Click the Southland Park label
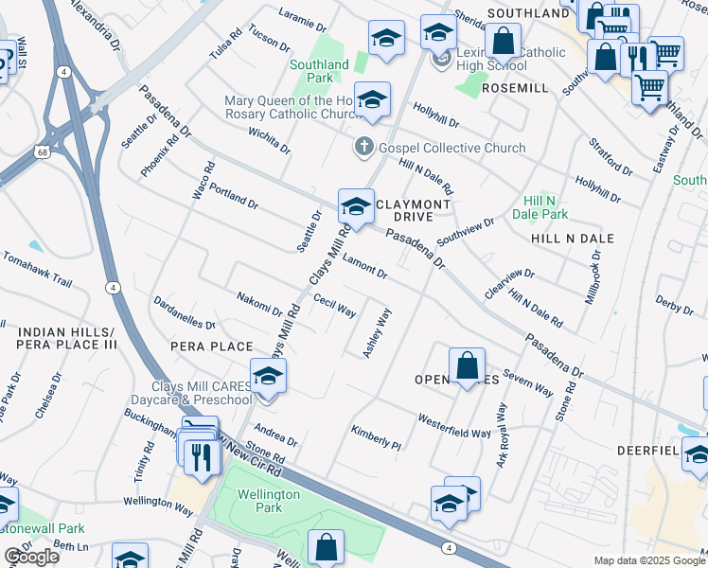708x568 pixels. tap(320, 71)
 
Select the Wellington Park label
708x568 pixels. tap(269, 501)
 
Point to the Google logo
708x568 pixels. tap(30, 557)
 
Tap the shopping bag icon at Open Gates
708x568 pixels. tap(468, 365)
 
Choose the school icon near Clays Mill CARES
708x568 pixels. tap(269, 375)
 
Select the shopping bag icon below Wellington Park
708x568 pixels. tap(326, 546)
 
